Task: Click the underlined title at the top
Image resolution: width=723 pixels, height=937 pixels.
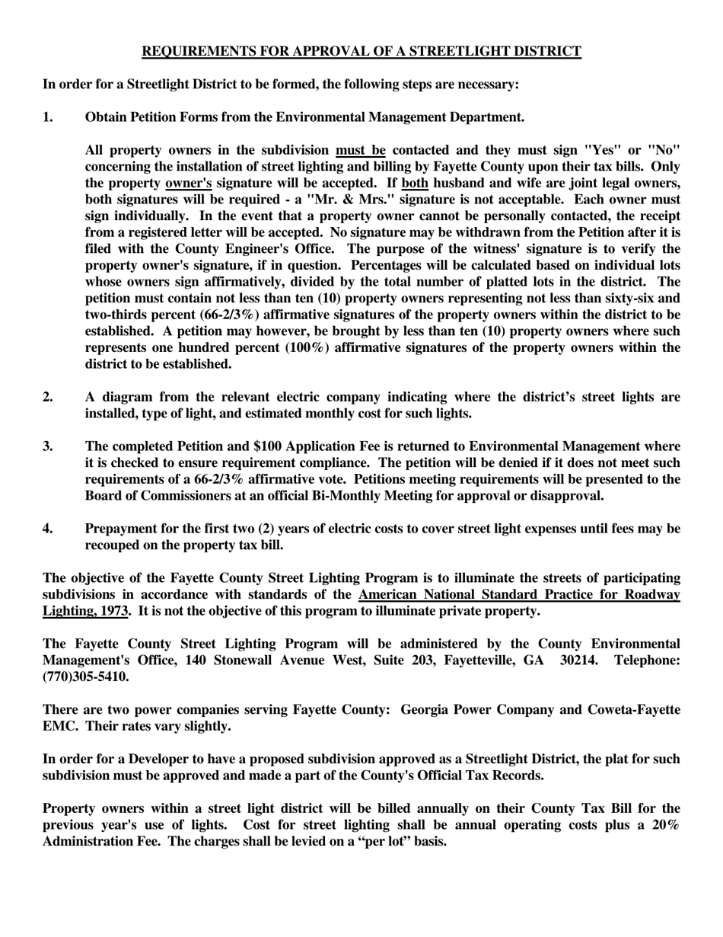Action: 361,52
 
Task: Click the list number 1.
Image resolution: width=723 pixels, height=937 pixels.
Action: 48,117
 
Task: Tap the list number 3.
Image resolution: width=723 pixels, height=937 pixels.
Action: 48,446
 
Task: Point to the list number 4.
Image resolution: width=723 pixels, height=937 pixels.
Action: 48,529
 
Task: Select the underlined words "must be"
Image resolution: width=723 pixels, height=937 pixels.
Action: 361,150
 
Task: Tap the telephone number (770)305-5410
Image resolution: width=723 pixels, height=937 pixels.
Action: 85,676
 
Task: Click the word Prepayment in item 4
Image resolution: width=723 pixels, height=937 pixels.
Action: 123,529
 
